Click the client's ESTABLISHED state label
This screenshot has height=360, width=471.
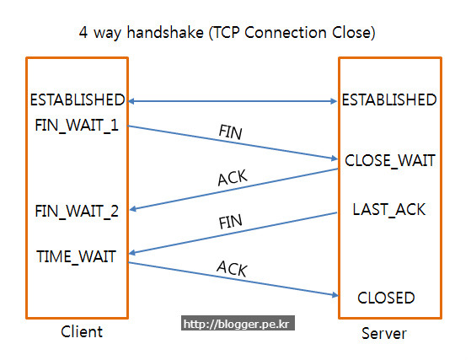[x=78, y=99]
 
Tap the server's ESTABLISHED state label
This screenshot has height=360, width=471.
[x=389, y=99]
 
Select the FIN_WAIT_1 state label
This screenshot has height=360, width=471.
[x=77, y=126]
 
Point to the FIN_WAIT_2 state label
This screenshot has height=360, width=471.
[x=77, y=212]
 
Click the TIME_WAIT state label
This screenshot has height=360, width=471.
[x=77, y=257]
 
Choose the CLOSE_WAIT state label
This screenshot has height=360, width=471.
[x=390, y=161]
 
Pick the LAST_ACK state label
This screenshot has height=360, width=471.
[x=389, y=210]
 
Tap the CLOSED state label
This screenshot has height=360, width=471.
[x=386, y=298]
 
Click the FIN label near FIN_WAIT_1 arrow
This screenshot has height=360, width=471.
[x=230, y=132]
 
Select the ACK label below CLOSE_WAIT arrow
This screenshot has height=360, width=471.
[x=233, y=178]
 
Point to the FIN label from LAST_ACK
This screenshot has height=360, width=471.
[x=230, y=222]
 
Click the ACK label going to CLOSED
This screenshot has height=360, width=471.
[x=233, y=268]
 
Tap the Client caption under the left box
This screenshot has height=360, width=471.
[x=82, y=331]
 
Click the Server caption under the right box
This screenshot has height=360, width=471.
[x=384, y=334]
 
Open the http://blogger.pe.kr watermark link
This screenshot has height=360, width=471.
[x=238, y=323]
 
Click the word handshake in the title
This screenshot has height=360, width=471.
[x=165, y=32]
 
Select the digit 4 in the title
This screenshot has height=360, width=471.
[x=83, y=32]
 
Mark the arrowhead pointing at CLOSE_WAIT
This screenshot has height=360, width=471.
[x=335, y=158]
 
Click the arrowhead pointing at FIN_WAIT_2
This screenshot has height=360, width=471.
[x=133, y=209]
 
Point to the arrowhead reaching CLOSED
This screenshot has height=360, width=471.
[x=335, y=295]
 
